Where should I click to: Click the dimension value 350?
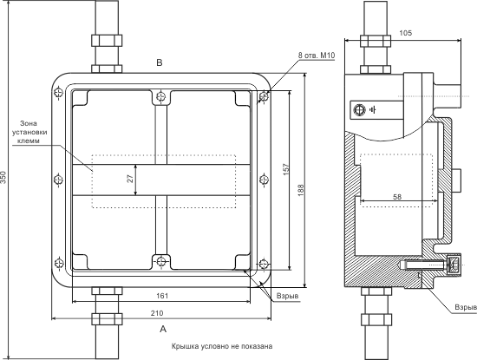(x=3, y=177)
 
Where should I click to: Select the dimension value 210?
(x=157, y=313)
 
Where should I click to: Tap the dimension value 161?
(x=162, y=296)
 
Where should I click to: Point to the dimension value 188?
(x=301, y=190)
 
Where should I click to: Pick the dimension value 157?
(x=286, y=169)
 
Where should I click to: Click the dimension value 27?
(x=130, y=179)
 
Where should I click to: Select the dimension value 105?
(x=406, y=33)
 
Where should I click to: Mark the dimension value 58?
(x=397, y=197)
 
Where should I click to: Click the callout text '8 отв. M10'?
(x=317, y=56)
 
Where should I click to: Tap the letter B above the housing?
(x=160, y=62)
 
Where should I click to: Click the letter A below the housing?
(x=163, y=329)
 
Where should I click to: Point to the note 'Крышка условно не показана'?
(x=222, y=346)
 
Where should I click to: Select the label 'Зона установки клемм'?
(x=29, y=132)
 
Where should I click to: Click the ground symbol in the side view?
(x=373, y=109)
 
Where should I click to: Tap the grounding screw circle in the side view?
(x=359, y=109)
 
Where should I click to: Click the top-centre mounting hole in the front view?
(x=161, y=97)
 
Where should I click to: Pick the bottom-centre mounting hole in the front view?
(x=161, y=261)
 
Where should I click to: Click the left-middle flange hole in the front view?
(x=58, y=180)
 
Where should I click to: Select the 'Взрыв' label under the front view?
(x=287, y=296)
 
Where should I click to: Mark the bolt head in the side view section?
(x=454, y=264)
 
